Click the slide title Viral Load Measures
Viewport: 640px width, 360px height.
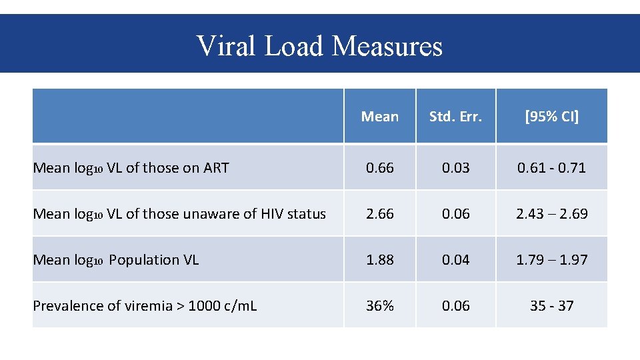[319, 46]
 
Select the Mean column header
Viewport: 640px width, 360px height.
[380, 117]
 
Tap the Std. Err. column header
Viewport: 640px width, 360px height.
[456, 117]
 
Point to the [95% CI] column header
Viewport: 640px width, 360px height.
[551, 117]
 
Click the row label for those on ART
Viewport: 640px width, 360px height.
[131, 168]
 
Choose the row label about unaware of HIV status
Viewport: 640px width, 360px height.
[179, 214]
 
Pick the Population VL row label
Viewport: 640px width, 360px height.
[116, 260]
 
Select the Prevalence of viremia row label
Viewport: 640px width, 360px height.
[145, 306]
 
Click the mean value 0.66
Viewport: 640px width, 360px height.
[380, 168]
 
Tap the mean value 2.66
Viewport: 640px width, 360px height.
[380, 214]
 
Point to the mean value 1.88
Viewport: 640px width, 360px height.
[380, 260]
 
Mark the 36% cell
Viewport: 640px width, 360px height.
[380, 306]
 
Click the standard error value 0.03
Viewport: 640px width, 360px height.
[456, 168]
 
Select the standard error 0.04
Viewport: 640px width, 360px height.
[456, 260]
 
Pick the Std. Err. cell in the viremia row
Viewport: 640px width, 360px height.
[456, 306]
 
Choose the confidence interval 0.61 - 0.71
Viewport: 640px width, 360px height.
[551, 168]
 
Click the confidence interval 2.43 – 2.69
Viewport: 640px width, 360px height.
[551, 214]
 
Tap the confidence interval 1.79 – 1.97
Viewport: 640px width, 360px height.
[551, 260]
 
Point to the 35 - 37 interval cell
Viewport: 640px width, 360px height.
[551, 306]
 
